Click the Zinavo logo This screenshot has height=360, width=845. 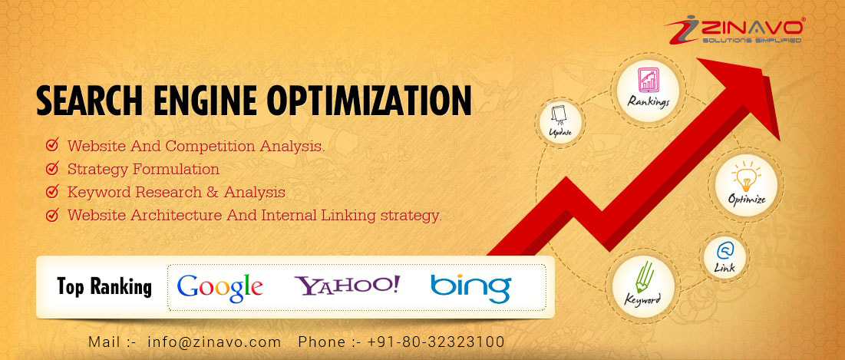tap(734, 30)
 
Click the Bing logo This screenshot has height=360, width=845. tap(470, 289)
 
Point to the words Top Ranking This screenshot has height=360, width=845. tap(104, 287)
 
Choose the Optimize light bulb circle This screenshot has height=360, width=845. tap(747, 185)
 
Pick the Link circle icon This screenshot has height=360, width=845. tap(725, 258)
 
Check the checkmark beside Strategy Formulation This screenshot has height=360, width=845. tap(52, 168)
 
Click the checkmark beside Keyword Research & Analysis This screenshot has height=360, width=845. tap(52, 191)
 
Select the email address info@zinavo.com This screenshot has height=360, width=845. tap(214, 342)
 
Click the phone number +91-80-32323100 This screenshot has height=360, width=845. tap(436, 342)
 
